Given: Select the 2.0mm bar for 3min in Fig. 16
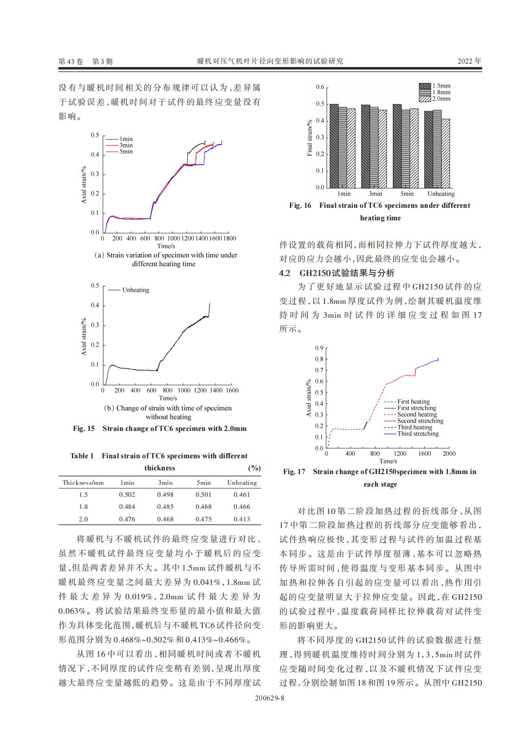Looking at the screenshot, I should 383,148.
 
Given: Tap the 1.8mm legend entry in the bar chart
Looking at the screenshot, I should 441,92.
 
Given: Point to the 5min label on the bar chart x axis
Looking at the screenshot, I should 407,194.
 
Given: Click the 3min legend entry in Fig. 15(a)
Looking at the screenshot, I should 126,145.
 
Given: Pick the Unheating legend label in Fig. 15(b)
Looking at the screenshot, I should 135,290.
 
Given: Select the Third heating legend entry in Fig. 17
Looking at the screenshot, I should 414,427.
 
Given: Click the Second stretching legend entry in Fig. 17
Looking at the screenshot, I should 420,421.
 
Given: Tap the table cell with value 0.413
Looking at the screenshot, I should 242,519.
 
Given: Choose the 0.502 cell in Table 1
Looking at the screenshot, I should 127,494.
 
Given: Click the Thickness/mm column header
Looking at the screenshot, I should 83,482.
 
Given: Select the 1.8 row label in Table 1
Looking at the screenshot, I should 83,507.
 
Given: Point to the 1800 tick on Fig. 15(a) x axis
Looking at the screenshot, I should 229,238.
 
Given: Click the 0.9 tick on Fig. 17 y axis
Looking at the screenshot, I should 319,348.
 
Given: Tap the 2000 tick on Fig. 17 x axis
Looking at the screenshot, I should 449,454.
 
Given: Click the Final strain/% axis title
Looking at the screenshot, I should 310,138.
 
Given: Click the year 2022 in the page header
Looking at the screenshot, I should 469,61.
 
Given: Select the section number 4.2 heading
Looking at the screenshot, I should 284,273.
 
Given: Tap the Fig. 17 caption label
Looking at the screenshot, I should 294,472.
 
